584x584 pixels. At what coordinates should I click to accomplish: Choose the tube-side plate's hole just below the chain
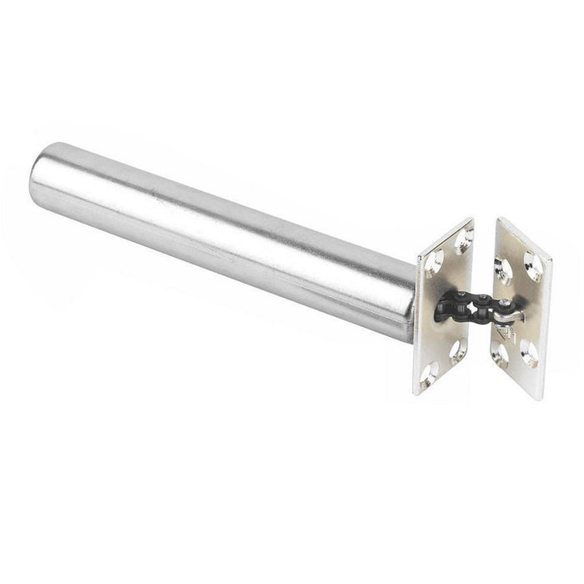click(456, 350)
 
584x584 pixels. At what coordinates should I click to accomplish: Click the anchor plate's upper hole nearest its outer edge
click(531, 266)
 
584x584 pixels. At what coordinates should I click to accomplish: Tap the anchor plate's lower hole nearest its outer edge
click(528, 354)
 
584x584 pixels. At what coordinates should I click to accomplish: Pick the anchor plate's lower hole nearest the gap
click(501, 354)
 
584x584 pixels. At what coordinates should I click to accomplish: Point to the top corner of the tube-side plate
click(471, 219)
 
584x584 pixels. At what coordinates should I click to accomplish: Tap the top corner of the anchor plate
click(500, 219)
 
